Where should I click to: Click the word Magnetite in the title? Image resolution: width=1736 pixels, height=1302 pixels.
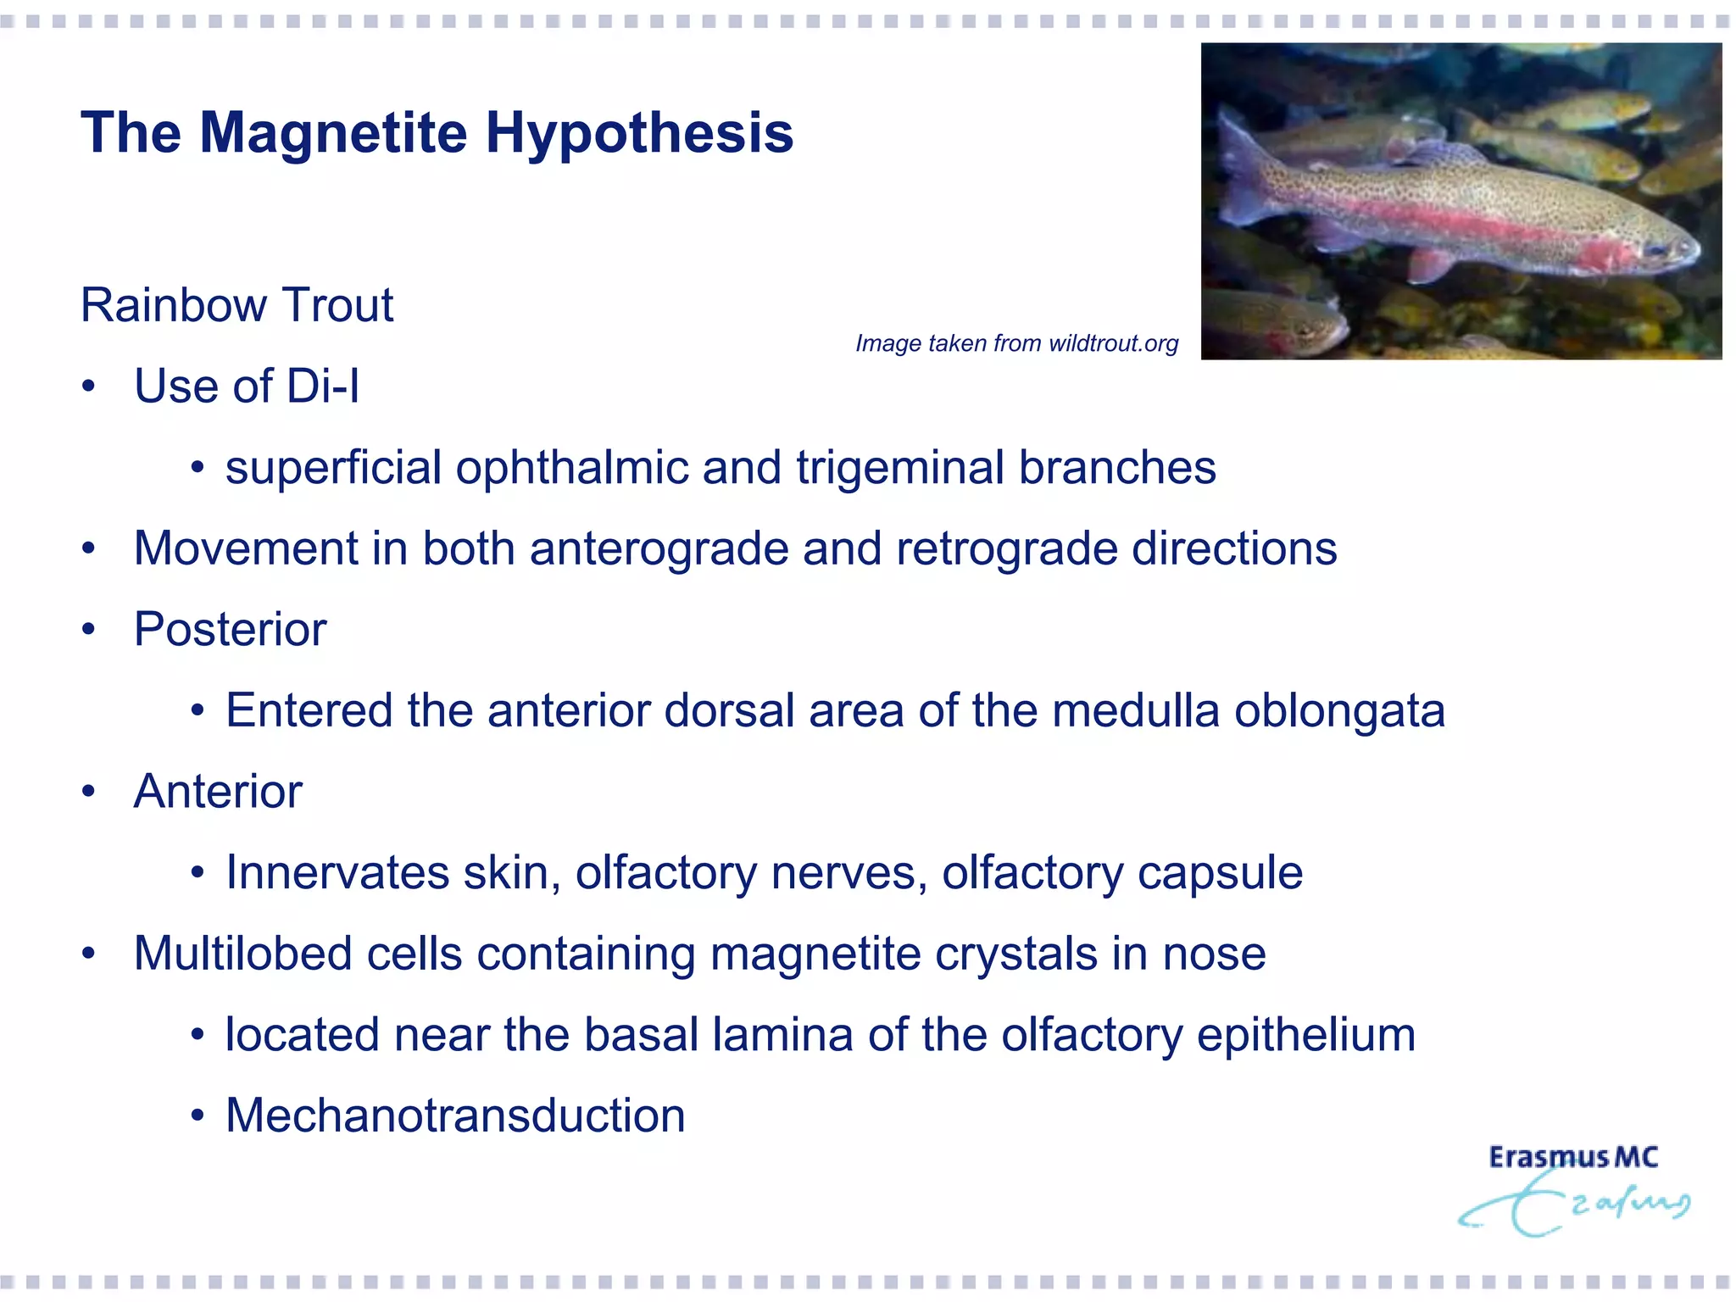coord(332,133)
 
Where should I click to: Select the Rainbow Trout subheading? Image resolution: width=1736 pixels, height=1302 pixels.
coord(236,305)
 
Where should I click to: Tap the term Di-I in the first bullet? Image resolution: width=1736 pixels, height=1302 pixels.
coord(323,387)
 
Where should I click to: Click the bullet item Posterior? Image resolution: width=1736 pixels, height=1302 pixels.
coord(230,630)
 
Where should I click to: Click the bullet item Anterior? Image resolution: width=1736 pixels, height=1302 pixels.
coord(218,792)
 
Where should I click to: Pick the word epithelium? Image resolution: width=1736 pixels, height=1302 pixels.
coord(1305,1035)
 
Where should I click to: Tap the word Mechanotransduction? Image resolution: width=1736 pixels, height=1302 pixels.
coord(455,1116)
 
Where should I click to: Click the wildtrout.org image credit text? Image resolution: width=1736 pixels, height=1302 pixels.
coord(1016,343)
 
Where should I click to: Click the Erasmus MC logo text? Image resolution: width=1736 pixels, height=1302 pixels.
coord(1572,1158)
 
